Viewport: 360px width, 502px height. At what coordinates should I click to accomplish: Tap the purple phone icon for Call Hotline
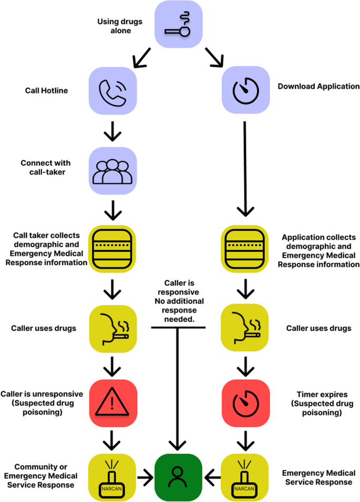(x=112, y=90)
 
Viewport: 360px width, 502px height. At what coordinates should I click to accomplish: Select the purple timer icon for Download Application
(x=245, y=90)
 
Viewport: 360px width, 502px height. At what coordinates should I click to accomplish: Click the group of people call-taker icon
(x=112, y=170)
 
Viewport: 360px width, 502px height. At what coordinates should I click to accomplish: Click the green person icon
(x=178, y=477)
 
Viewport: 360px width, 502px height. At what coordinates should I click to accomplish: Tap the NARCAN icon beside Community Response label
(x=112, y=477)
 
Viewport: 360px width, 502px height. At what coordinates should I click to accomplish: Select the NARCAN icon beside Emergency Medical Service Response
(x=245, y=477)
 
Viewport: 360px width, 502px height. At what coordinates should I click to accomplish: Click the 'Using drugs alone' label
(x=114, y=26)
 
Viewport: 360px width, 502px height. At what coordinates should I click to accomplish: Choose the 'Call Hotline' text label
(x=47, y=91)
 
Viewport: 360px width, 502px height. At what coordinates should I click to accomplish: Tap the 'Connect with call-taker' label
(x=45, y=167)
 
